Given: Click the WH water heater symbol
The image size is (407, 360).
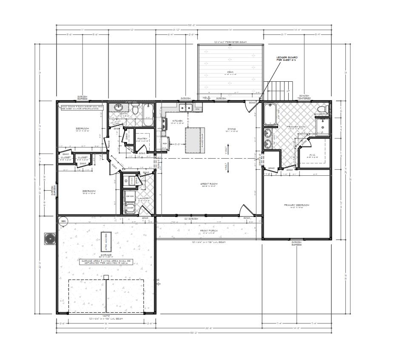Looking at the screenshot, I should (63, 221).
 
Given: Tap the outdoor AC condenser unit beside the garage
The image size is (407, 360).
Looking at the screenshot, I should (50, 239).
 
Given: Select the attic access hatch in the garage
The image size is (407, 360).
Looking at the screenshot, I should (104, 242).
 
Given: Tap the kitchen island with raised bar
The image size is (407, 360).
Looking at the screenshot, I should (194, 141).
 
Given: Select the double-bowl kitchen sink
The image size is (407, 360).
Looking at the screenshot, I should (185, 108).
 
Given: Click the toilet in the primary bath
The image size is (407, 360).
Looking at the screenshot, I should (323, 110).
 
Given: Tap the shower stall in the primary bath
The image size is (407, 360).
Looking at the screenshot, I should (323, 127).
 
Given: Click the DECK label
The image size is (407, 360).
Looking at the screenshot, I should (230, 72).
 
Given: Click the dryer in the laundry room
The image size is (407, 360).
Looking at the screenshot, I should (130, 196).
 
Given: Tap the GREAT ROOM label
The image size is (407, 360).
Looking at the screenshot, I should (209, 184).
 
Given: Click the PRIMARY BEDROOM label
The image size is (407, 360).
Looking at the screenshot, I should (296, 205).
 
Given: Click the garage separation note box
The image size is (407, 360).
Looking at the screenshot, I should (106, 262).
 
